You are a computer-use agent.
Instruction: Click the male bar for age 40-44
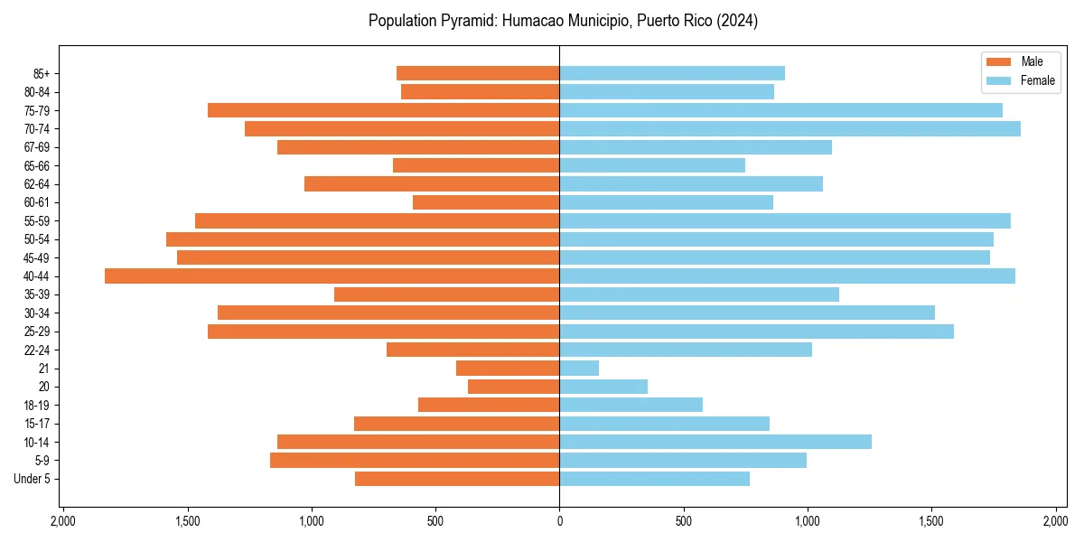(x=332, y=276)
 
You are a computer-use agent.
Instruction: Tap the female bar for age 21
(x=579, y=369)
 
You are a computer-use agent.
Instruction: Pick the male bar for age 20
(x=513, y=387)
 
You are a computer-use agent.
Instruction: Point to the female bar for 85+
(x=672, y=73)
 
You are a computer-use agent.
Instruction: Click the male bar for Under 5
(x=457, y=479)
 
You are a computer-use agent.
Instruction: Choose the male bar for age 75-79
(x=383, y=110)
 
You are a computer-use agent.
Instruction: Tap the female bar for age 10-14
(x=715, y=442)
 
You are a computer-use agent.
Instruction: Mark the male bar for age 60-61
(x=486, y=202)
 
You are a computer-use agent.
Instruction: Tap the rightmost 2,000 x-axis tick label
(x=1055, y=522)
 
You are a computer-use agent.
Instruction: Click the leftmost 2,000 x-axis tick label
(x=63, y=522)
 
